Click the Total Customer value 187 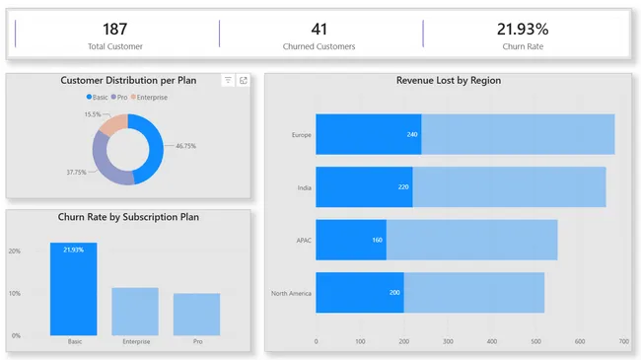[x=114, y=29]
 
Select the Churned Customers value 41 [x=319, y=29]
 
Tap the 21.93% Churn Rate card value [x=523, y=29]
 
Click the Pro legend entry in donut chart [x=119, y=97]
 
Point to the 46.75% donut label [x=185, y=146]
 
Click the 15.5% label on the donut [x=93, y=114]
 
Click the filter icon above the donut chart [x=228, y=80]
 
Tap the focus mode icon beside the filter [x=243, y=80]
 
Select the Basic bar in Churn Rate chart [x=74, y=288]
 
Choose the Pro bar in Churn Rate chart [x=196, y=314]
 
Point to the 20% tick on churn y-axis [x=15, y=251]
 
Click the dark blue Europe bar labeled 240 [x=368, y=134]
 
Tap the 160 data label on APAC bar [x=377, y=240]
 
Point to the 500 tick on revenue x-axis [x=535, y=341]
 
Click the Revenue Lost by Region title [x=449, y=80]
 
